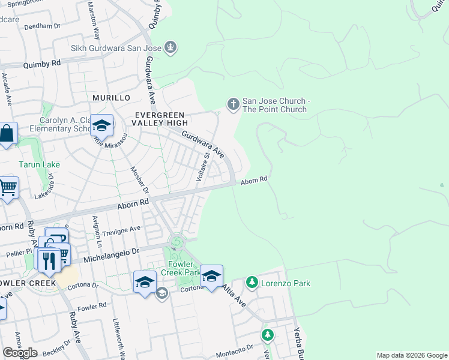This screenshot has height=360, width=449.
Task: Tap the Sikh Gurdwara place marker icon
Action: (x=171, y=47)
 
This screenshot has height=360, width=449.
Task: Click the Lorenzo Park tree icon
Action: (x=252, y=283)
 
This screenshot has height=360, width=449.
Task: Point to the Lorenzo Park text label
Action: (x=285, y=283)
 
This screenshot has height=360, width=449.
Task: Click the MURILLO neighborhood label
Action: (x=111, y=97)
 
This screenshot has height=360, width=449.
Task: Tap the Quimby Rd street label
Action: (x=42, y=63)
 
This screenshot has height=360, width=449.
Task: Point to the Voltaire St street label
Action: (x=203, y=167)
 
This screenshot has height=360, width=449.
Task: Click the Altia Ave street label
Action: (x=235, y=296)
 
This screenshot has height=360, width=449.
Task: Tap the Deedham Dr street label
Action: (x=43, y=26)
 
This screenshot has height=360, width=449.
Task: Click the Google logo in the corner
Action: (x=20, y=353)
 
